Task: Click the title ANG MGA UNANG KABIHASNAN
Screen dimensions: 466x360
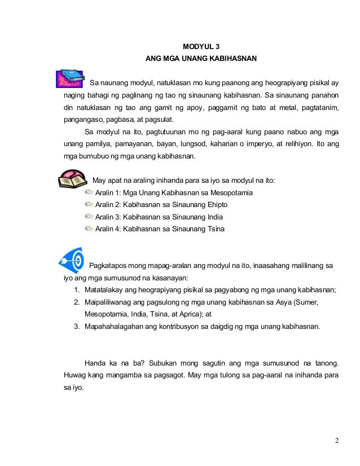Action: click(201, 59)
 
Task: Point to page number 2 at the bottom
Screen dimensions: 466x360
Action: click(336, 440)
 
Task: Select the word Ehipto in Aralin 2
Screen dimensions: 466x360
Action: click(207, 205)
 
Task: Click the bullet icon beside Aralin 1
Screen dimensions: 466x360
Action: click(89, 193)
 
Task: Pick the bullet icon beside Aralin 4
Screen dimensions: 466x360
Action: click(89, 228)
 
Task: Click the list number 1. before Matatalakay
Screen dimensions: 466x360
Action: click(77, 291)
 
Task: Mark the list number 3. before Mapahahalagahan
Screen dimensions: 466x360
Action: click(77, 327)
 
